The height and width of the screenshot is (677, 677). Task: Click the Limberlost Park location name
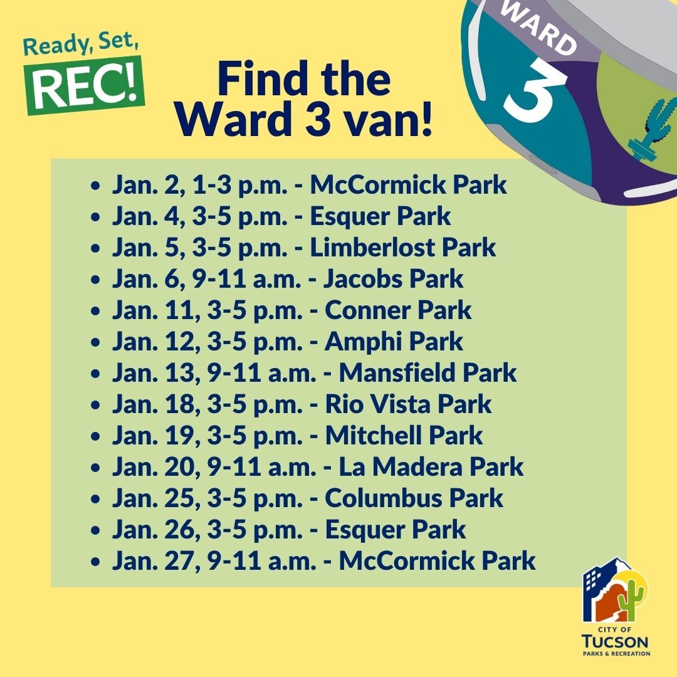(x=403, y=248)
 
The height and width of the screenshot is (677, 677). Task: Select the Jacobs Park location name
(x=393, y=279)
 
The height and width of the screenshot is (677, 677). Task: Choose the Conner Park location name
(x=398, y=310)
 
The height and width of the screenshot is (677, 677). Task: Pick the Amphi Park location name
(x=394, y=342)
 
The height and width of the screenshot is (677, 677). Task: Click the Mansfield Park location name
(x=428, y=373)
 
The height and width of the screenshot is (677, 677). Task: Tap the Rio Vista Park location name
(x=408, y=404)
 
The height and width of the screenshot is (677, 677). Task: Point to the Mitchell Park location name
(x=404, y=436)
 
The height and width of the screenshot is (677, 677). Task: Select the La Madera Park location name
(x=431, y=467)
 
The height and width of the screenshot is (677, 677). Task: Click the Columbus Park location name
(x=414, y=498)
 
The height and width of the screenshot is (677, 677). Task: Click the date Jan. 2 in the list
(x=136, y=186)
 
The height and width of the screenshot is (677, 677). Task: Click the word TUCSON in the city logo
(x=615, y=643)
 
